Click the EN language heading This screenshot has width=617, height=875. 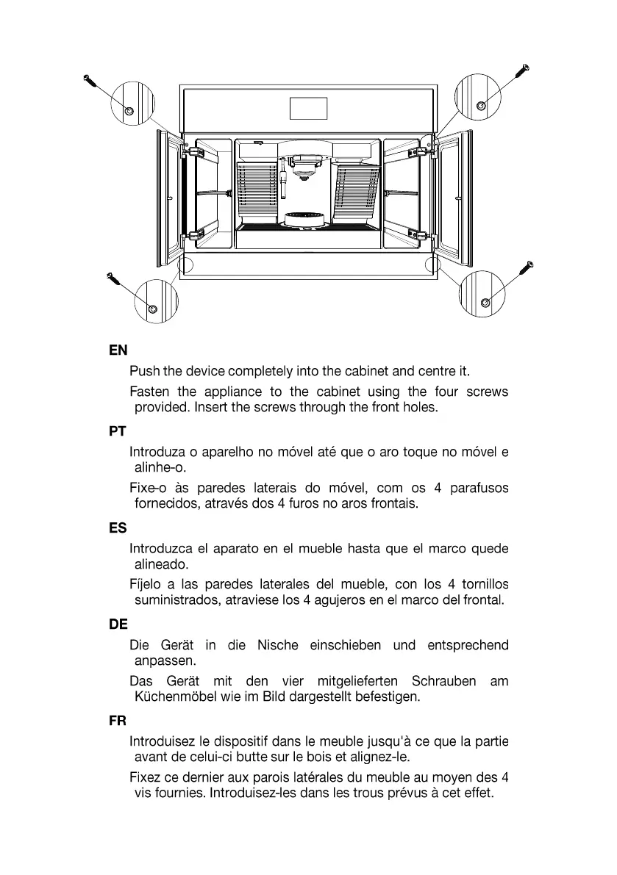(x=118, y=351)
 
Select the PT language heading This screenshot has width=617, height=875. (x=117, y=432)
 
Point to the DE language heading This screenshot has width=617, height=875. (x=118, y=624)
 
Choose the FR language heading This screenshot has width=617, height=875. (x=118, y=721)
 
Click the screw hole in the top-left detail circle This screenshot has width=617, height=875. (x=129, y=110)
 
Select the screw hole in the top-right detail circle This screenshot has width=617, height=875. (x=481, y=106)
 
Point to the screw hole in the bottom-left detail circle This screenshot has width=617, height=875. (x=152, y=309)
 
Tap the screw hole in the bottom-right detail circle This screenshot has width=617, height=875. (x=485, y=303)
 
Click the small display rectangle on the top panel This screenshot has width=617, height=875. (x=309, y=108)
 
